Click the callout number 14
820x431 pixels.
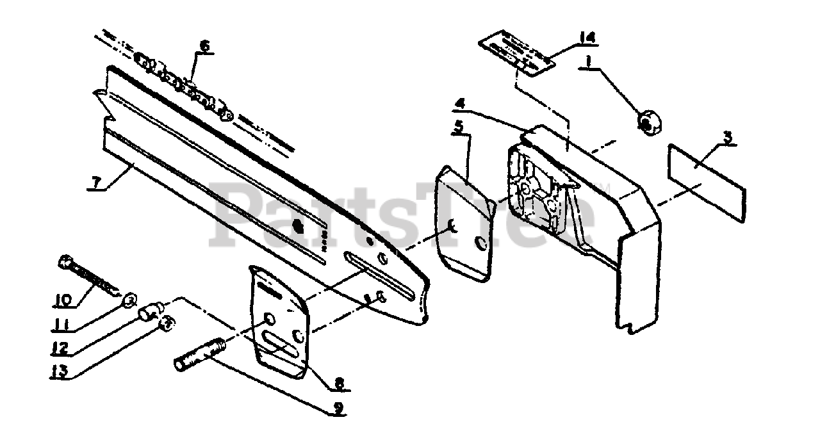(586, 38)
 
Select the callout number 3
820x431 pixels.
(728, 136)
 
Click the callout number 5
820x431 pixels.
(458, 126)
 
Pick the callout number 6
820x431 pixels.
(204, 45)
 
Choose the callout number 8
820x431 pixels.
(339, 384)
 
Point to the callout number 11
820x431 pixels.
(61, 325)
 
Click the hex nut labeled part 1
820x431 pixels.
(648, 120)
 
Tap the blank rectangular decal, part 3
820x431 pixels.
(706, 182)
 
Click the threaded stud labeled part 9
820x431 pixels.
(198, 355)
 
